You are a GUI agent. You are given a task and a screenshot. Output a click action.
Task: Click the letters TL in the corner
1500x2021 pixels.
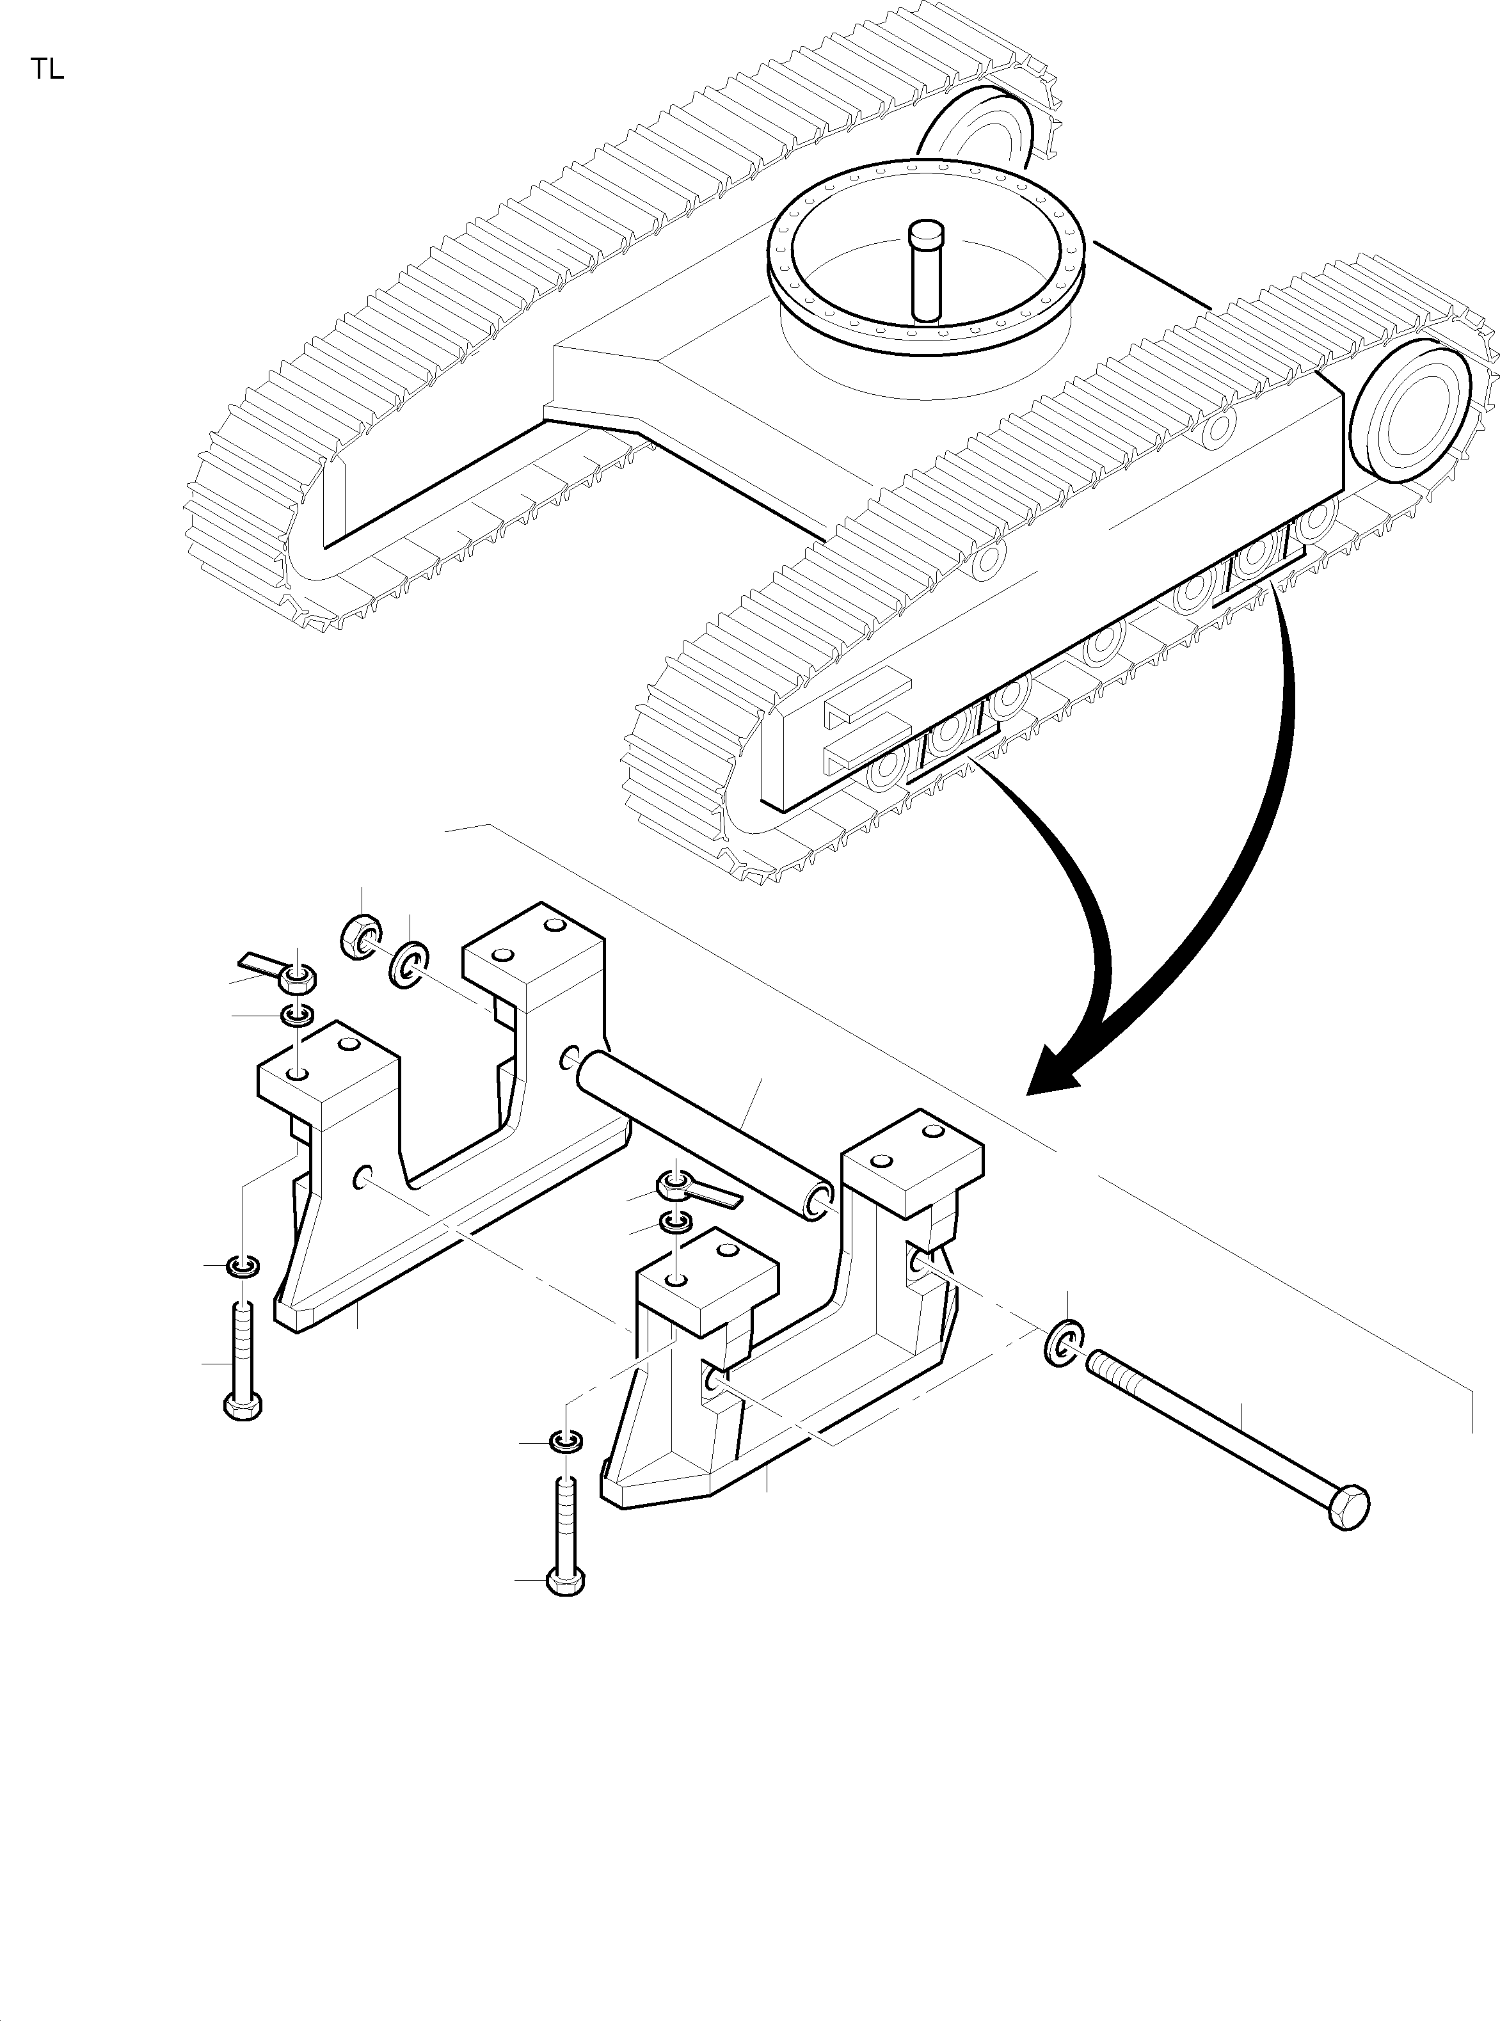48,70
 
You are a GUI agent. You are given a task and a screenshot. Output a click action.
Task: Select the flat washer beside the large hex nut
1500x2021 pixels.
410,965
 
